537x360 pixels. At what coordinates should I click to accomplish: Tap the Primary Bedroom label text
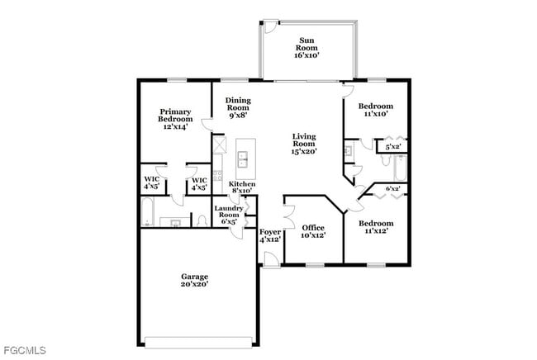coord(175,120)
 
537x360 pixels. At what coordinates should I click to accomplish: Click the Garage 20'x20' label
coord(195,280)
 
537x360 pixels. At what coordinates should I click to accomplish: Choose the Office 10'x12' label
coord(312,231)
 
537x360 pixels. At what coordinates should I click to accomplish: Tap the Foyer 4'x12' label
coord(270,236)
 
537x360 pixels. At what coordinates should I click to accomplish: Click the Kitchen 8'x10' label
coord(241,187)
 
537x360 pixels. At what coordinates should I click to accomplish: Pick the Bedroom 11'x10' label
coord(374,111)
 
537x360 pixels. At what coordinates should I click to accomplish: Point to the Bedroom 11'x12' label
coord(374,227)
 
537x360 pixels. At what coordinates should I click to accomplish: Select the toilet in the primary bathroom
coord(202,220)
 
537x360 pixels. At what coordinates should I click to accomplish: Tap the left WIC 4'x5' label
coord(151,183)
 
